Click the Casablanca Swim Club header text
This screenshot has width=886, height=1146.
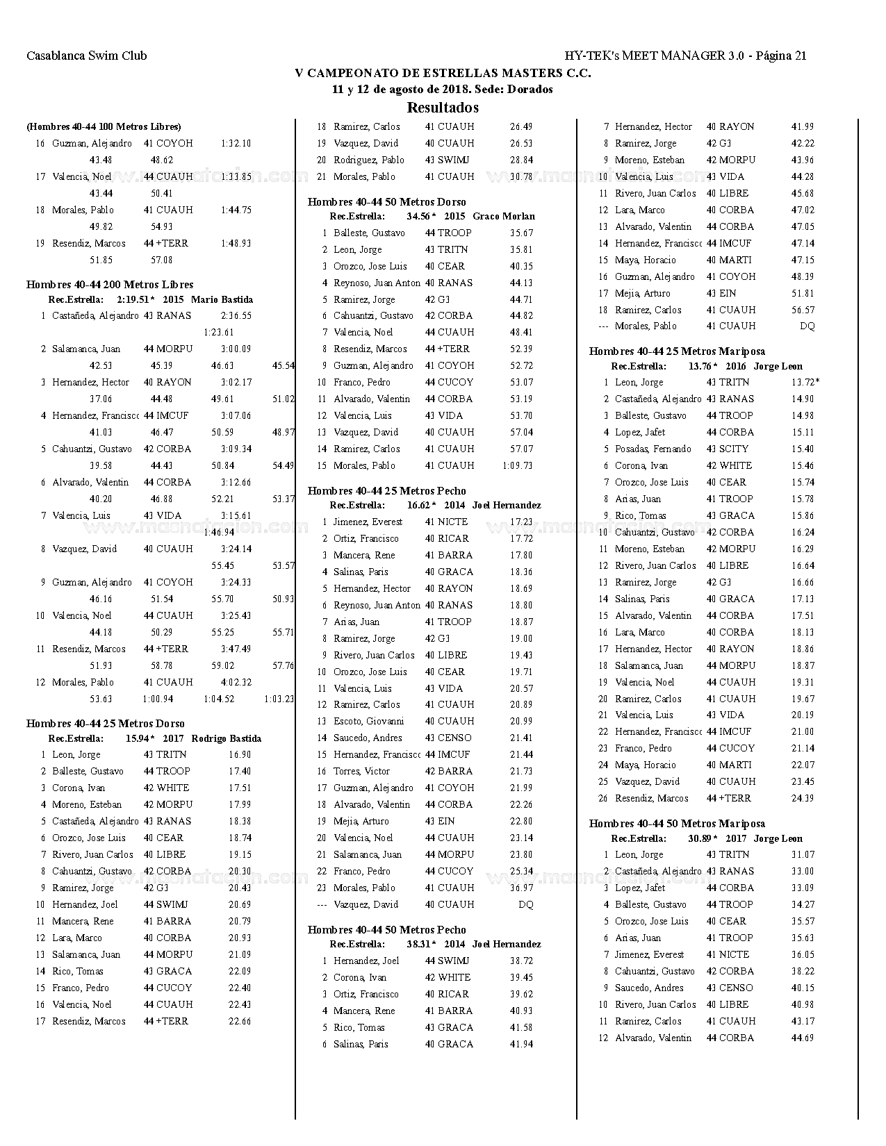coord(87,56)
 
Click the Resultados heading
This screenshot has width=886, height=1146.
coord(443,108)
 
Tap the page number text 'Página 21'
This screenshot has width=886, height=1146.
coord(780,56)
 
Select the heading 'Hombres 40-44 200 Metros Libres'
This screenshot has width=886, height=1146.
coord(110,285)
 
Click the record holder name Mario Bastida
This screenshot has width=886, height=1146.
coord(222,300)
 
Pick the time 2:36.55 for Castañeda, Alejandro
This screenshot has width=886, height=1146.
coord(236,316)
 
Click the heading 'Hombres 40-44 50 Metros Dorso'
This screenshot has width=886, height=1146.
coord(387,202)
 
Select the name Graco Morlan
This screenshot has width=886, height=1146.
coord(504,217)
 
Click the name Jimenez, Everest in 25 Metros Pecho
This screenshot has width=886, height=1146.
coord(368,522)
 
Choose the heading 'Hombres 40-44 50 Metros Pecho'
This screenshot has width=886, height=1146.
coord(387,930)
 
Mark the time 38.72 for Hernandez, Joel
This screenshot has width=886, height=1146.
coord(521,961)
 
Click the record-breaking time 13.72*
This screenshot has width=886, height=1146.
coord(805,383)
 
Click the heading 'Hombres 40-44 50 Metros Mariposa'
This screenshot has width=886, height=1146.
coord(677,824)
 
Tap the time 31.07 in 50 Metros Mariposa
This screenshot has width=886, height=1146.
coord(803,855)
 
